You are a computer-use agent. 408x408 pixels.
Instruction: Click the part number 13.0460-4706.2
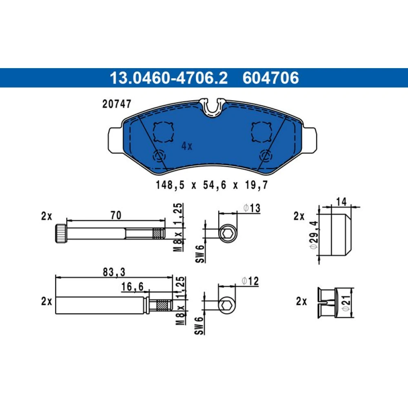(x=169, y=78)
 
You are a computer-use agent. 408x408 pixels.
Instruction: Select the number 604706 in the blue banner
(x=271, y=78)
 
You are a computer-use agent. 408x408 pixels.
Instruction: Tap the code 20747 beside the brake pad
(x=117, y=104)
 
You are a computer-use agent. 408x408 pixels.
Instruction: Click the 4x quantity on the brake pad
(x=187, y=146)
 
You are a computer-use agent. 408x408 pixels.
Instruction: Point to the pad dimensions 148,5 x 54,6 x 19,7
(x=211, y=185)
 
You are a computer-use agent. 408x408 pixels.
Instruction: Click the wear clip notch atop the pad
(x=213, y=107)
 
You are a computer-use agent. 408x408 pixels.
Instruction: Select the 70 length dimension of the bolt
(x=116, y=215)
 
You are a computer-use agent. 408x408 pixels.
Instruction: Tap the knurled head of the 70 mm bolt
(x=61, y=233)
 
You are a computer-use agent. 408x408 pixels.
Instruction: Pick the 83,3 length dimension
(x=114, y=272)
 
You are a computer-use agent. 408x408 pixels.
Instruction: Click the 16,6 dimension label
(x=133, y=286)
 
